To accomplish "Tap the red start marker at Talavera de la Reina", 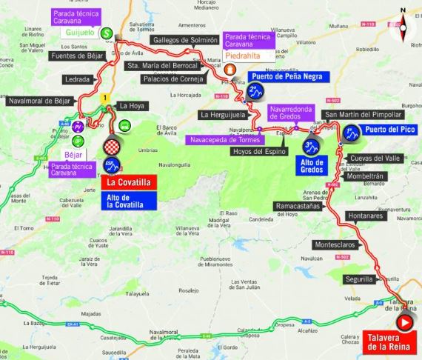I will (405, 323).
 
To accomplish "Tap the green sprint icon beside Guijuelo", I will (107, 33).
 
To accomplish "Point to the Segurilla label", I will (361, 279).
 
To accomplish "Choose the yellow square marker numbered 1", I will (106, 97).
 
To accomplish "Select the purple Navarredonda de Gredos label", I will (296, 112).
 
